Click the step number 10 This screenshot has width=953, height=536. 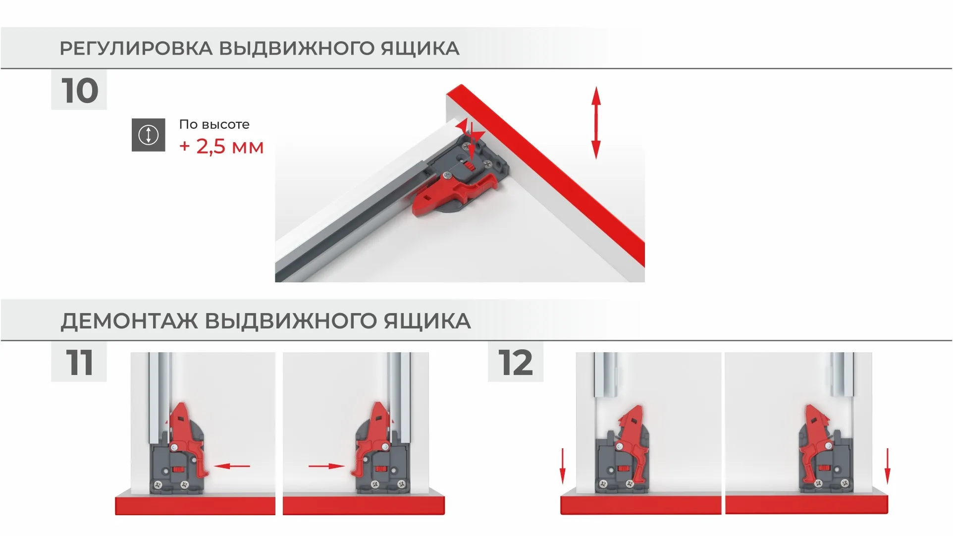click(79, 91)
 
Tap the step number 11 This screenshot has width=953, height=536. click(79, 363)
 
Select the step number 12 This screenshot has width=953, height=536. click(515, 363)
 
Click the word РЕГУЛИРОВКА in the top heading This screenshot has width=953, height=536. click(136, 49)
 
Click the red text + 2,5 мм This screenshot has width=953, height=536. click(221, 147)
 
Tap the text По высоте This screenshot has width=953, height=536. click(214, 124)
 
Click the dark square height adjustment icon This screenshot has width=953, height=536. click(148, 135)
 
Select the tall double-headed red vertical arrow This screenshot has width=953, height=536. click(596, 122)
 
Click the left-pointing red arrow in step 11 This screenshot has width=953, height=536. click(233, 466)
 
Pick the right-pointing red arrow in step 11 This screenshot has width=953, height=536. click(326, 466)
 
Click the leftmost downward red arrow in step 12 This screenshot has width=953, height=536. click(562, 466)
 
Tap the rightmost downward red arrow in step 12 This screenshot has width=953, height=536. click(887, 466)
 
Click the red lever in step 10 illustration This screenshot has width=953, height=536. click(446, 196)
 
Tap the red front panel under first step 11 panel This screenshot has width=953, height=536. click(195, 505)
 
